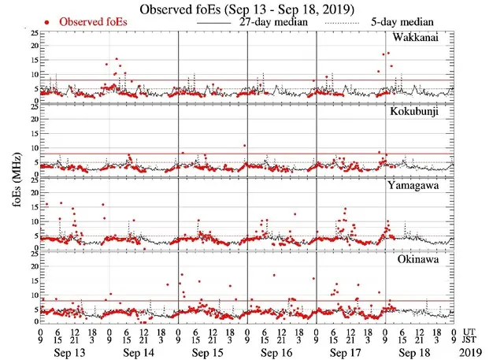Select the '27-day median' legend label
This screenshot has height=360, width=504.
point(272,23)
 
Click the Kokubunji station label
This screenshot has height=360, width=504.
point(421,112)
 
